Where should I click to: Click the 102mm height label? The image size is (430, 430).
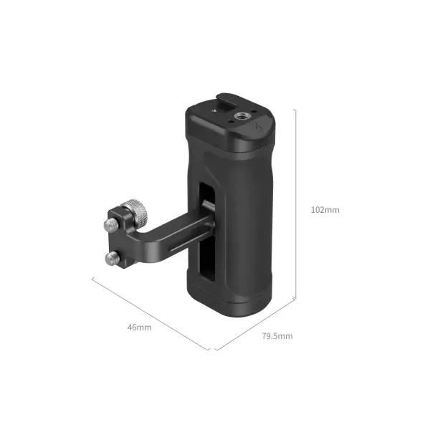325,210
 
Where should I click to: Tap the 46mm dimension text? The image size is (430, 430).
140,327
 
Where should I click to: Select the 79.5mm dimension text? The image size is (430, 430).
277,335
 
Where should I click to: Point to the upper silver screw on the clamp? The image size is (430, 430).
110,225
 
